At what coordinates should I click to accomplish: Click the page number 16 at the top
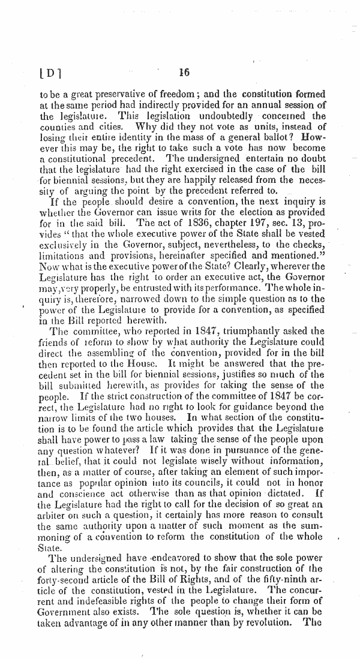[x=184, y=73]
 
